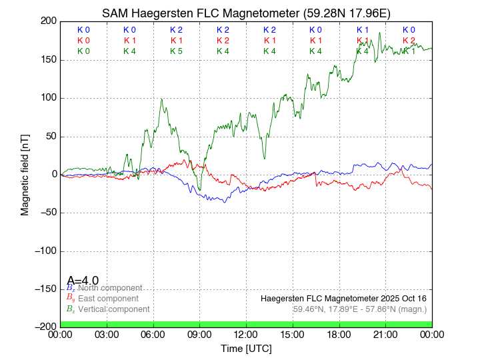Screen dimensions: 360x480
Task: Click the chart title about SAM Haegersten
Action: pyautogui.click(x=246, y=13)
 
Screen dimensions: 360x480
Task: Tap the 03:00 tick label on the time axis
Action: pyautogui.click(x=107, y=335)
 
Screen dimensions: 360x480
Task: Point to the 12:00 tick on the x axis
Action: pyautogui.click(x=246, y=335)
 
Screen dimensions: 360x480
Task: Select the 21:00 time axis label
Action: pyautogui.click(x=385, y=335)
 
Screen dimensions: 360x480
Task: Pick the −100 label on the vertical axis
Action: pyautogui.click(x=44, y=252)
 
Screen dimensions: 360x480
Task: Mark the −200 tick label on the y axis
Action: pyautogui.click(x=44, y=327)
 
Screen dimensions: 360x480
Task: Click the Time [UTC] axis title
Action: pyautogui.click(x=246, y=349)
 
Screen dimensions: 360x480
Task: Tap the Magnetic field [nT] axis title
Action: pyautogui.click(x=25, y=173)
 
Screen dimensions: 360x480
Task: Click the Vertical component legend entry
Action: pyautogui.click(x=112, y=309)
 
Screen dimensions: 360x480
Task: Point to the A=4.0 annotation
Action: pyautogui.click(x=83, y=281)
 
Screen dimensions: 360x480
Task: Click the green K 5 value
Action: pyautogui.click(x=176, y=51)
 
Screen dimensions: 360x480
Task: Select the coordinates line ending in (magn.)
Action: pyautogui.click(x=359, y=309)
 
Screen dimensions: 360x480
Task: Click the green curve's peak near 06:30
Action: pyautogui.click(x=161, y=99)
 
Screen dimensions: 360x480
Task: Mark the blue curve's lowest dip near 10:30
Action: pyautogui.click(x=224, y=201)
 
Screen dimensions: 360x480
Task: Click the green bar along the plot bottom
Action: pyautogui.click(x=246, y=324)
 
